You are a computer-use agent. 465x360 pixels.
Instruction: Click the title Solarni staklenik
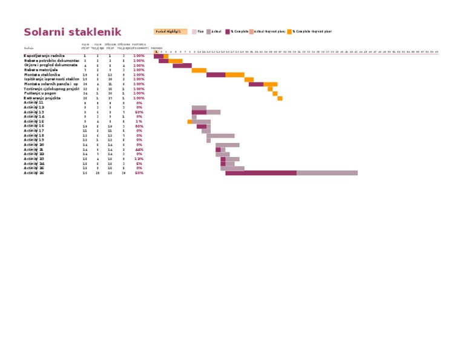(x=72, y=32)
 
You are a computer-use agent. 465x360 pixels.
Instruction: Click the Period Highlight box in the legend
(x=170, y=32)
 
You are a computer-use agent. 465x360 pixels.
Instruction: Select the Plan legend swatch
(x=194, y=32)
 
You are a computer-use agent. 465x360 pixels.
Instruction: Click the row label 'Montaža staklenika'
(x=42, y=75)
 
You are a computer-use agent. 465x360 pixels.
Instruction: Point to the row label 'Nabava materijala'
(x=42, y=70)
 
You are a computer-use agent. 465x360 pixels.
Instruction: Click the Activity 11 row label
(x=34, y=103)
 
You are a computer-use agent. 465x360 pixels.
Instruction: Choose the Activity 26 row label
(x=34, y=173)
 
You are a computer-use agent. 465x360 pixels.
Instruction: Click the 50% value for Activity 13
(x=139, y=112)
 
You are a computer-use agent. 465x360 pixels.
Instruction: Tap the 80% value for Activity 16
(x=139, y=126)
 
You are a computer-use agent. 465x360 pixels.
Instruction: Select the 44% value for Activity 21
(x=139, y=150)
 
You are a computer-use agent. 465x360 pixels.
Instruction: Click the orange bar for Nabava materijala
(x=199, y=70)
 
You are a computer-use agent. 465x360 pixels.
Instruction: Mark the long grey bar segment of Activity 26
(x=327, y=173)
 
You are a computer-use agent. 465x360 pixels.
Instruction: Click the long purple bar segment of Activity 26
(x=261, y=173)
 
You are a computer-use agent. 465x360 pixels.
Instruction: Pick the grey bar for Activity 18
(x=220, y=136)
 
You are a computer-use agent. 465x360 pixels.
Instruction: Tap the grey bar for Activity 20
(x=228, y=145)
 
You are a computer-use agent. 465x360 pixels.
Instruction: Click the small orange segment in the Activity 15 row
(x=190, y=122)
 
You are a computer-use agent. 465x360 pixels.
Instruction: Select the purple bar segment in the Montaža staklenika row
(x=216, y=75)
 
